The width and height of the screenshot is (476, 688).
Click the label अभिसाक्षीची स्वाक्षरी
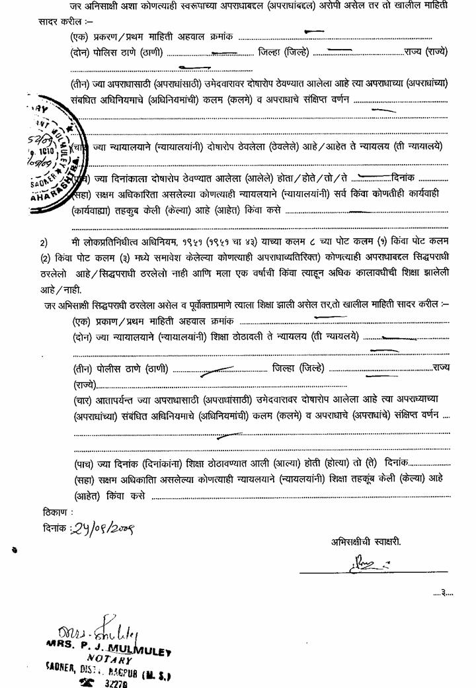click(366, 541)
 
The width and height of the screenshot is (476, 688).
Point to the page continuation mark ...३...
click(443, 592)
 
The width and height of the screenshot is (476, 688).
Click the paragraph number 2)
click(43, 242)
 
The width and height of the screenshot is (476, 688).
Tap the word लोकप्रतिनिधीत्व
click(116, 242)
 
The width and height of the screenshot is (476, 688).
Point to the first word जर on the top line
click(74, 5)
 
